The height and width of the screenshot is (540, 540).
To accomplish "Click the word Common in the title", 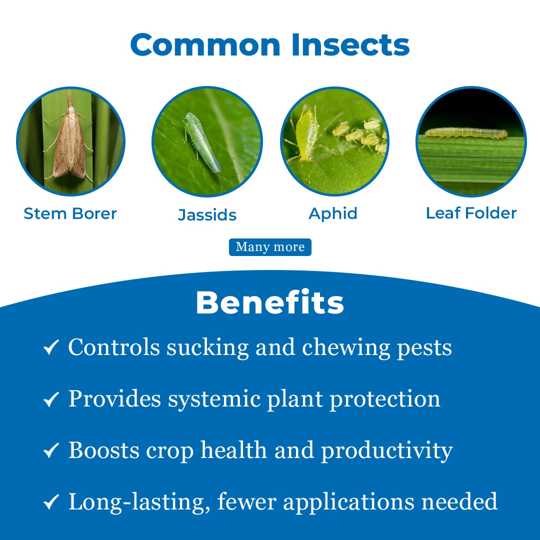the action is click(x=205, y=45).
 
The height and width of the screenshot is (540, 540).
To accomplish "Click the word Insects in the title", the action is click(x=350, y=45).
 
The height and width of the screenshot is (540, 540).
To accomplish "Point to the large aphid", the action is click(x=306, y=134).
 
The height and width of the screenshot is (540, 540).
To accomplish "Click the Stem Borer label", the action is click(x=70, y=213).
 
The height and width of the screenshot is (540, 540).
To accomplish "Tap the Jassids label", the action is click(x=207, y=215).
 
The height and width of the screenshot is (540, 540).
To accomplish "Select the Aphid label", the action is click(x=333, y=213).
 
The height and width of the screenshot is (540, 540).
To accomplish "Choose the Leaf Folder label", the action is click(x=471, y=213).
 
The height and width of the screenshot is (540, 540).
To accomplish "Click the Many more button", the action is click(x=270, y=247).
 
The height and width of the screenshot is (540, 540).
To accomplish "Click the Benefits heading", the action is click(x=270, y=302).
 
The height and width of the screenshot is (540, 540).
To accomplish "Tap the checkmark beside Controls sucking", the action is click(x=51, y=347).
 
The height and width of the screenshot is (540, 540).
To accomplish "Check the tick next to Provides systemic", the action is click(x=51, y=399).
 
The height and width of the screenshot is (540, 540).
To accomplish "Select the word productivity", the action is click(x=386, y=451).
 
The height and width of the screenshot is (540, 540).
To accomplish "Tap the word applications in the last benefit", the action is click(x=349, y=502).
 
